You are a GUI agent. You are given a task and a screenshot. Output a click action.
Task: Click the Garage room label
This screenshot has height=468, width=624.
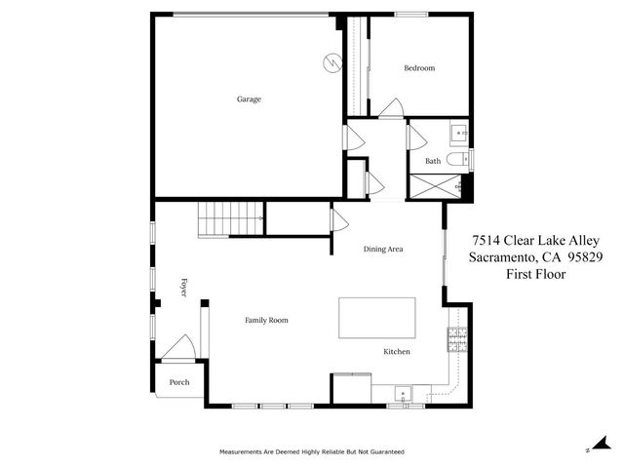(x=249, y=98)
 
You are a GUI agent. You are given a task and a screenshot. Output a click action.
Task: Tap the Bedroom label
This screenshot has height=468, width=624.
(x=419, y=68)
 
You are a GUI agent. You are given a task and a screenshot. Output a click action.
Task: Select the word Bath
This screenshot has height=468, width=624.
(x=433, y=161)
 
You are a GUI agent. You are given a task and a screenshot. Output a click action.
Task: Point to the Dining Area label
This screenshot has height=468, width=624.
(x=383, y=249)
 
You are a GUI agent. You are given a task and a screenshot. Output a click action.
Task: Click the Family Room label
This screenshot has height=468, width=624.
(x=266, y=320)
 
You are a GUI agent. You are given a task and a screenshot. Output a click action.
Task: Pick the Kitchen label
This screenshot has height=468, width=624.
(x=396, y=351)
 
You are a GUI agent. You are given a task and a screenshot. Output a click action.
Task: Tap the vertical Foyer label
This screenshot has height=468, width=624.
(x=182, y=288)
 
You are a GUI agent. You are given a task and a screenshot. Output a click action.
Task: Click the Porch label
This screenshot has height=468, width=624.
(x=179, y=382)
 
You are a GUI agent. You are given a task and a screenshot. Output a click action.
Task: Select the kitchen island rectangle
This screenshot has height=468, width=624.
(x=376, y=318)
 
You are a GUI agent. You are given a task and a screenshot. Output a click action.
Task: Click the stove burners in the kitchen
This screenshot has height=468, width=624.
(x=457, y=339)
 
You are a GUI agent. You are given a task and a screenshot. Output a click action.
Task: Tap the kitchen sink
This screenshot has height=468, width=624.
(x=402, y=394)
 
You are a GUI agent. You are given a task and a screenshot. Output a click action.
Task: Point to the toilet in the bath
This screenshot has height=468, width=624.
(x=459, y=158)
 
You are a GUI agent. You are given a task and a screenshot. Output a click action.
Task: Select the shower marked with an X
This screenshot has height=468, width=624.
(x=434, y=186)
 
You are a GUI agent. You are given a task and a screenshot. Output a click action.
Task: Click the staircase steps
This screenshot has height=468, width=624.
(x=232, y=217)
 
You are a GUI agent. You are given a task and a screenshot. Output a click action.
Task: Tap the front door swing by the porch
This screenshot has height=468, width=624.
(x=180, y=347)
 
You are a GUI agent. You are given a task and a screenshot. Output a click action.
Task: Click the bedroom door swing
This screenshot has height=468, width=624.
(x=392, y=108)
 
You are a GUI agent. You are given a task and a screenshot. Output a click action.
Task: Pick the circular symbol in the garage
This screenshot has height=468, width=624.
(x=331, y=63)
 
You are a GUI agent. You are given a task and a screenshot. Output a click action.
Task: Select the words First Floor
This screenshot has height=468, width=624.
(x=535, y=275)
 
